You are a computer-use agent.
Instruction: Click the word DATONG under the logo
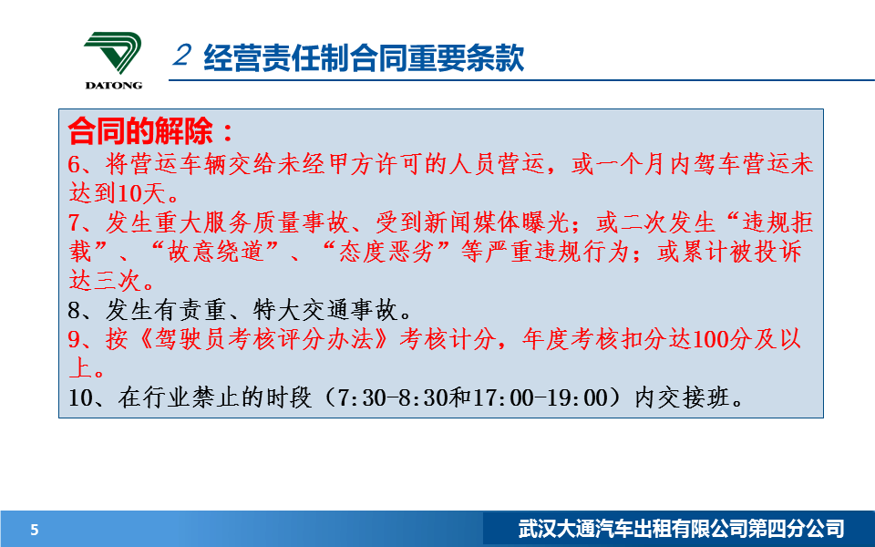(x=114, y=86)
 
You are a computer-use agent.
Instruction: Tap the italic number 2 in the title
(x=182, y=55)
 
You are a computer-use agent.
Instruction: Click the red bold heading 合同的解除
(x=140, y=131)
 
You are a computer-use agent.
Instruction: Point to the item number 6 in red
(x=75, y=164)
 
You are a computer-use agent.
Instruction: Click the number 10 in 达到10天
(x=130, y=193)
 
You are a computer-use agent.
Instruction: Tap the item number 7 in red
(x=75, y=222)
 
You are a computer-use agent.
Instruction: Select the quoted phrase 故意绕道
(x=216, y=252)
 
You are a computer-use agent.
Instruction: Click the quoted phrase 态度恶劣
(x=386, y=252)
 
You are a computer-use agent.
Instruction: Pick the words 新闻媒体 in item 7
(x=472, y=222)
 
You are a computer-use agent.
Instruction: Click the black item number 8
(x=75, y=310)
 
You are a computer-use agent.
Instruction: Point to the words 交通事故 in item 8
(x=350, y=310)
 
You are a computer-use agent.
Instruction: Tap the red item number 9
(x=75, y=339)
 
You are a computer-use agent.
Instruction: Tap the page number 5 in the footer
(x=35, y=529)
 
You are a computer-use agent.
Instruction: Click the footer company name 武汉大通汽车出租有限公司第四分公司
(x=682, y=529)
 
